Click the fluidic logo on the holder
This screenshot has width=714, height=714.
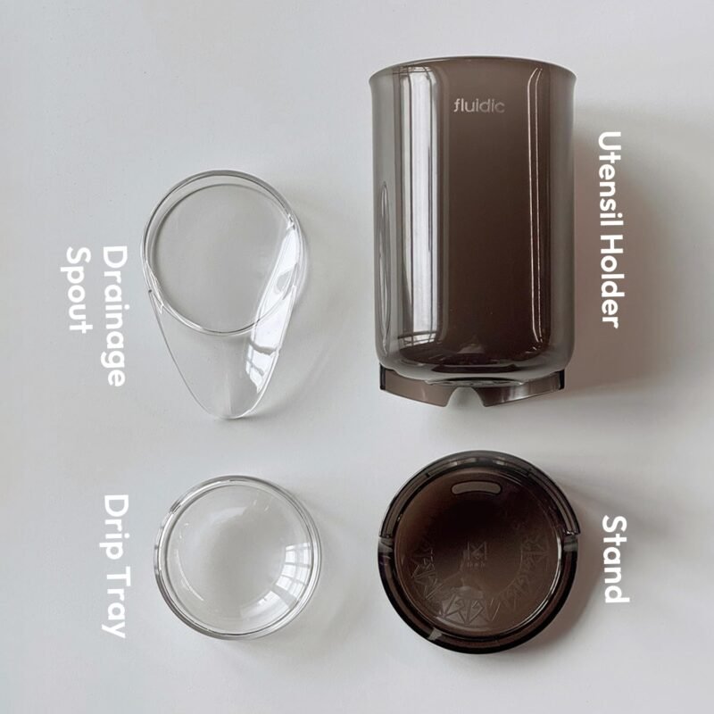(x=479, y=106)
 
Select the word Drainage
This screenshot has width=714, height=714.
(x=113, y=316)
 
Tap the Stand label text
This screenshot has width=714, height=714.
(x=615, y=560)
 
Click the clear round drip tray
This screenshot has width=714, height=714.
(x=237, y=556)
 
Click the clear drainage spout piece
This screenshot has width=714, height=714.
(x=224, y=293)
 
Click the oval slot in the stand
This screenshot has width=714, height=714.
(x=476, y=488)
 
